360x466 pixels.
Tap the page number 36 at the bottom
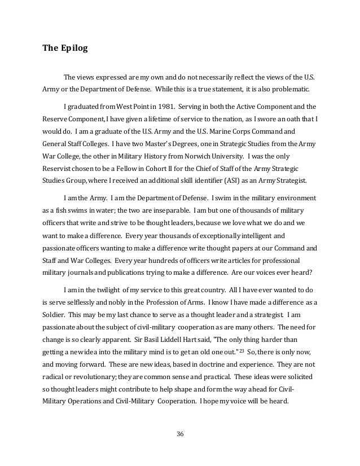click(x=180, y=433)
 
